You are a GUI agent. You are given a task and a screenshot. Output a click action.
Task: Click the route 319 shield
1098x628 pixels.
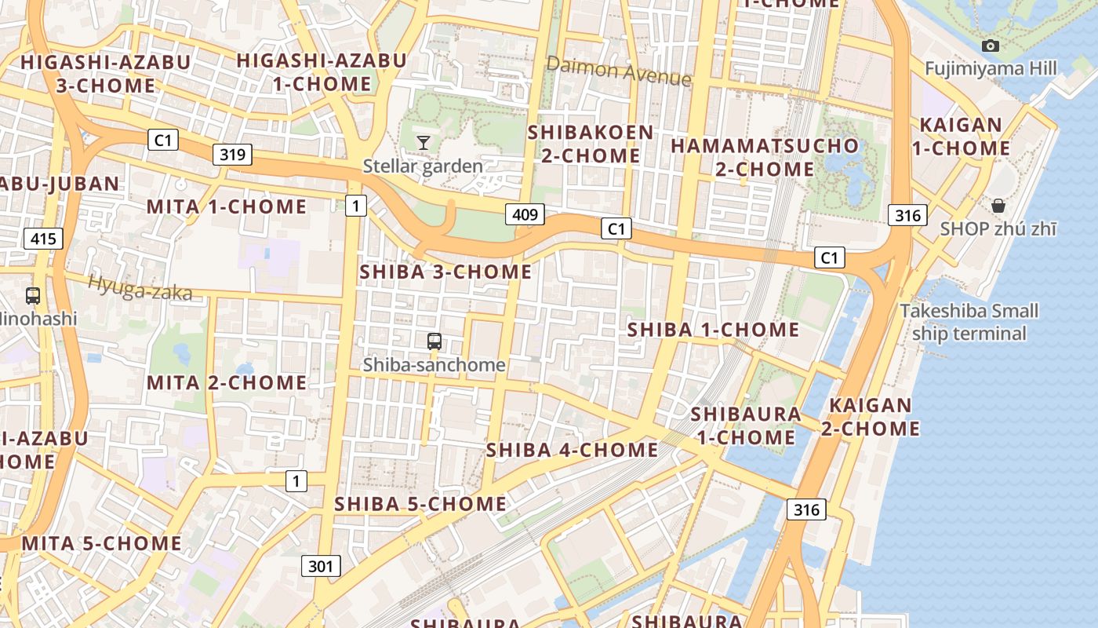tap(232, 154)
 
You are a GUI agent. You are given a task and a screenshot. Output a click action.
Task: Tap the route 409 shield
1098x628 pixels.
tap(525, 214)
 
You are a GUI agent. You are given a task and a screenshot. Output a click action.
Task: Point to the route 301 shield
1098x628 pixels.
tap(321, 565)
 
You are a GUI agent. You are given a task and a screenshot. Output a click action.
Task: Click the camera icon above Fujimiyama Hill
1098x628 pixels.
tap(991, 46)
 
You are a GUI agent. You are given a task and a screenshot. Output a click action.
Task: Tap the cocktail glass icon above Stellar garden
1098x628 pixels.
tap(424, 142)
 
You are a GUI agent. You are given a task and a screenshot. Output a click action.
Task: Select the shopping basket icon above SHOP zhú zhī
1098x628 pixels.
tap(998, 206)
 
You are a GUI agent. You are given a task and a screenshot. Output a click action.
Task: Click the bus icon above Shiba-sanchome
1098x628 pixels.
tap(434, 341)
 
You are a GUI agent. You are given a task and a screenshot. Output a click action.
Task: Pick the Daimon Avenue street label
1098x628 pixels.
tap(619, 71)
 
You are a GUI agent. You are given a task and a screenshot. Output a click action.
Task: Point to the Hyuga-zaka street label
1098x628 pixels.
tap(140, 288)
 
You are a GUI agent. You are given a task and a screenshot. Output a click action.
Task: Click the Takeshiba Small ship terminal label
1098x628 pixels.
tap(969, 322)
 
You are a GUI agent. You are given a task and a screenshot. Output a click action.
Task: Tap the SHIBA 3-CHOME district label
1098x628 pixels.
tap(445, 272)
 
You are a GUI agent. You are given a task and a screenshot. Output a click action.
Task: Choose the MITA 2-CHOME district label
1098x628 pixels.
tap(227, 383)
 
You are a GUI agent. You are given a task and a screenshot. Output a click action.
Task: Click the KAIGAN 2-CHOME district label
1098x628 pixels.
tap(871, 417)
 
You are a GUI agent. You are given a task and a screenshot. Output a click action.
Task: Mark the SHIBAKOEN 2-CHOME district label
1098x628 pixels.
tap(591, 144)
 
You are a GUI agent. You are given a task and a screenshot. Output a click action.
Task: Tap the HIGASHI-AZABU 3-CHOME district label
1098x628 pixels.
tap(106, 73)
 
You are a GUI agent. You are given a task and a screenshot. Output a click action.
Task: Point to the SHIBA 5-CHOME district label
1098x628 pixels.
tap(420, 504)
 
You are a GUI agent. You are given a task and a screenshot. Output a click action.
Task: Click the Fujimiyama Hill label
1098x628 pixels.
tap(991, 68)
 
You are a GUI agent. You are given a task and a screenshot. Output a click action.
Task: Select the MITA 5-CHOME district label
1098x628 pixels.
tap(102, 543)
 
